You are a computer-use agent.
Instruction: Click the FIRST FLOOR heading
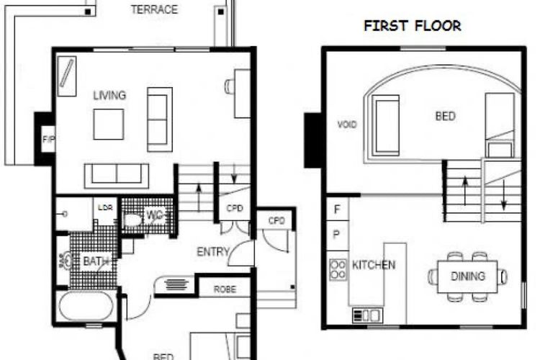[413, 26]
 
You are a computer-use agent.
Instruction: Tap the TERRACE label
[154, 10]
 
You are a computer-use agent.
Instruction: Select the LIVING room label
[109, 95]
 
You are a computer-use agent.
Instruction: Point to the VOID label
[347, 125]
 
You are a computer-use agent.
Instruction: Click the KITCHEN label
[373, 265]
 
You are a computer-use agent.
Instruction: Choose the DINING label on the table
[467, 276]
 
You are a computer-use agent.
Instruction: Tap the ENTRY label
[212, 252]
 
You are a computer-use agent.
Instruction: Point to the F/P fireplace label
[48, 138]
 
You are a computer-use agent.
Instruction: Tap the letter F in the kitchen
[336, 210]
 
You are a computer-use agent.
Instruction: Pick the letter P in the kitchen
[336, 234]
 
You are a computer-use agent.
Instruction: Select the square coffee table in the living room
[108, 124]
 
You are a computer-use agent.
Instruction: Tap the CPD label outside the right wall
[275, 220]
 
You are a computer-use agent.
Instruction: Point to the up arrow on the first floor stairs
[465, 189]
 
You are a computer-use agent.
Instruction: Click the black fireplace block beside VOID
[314, 140]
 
